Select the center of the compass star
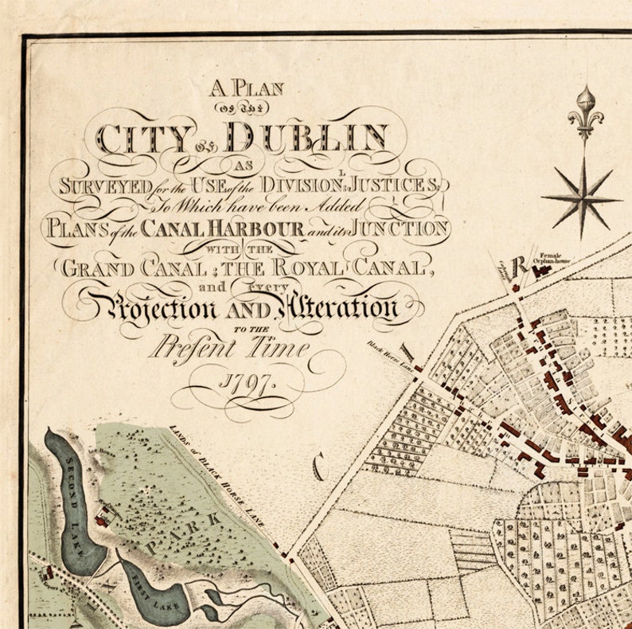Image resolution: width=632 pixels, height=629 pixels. click(581, 197)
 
